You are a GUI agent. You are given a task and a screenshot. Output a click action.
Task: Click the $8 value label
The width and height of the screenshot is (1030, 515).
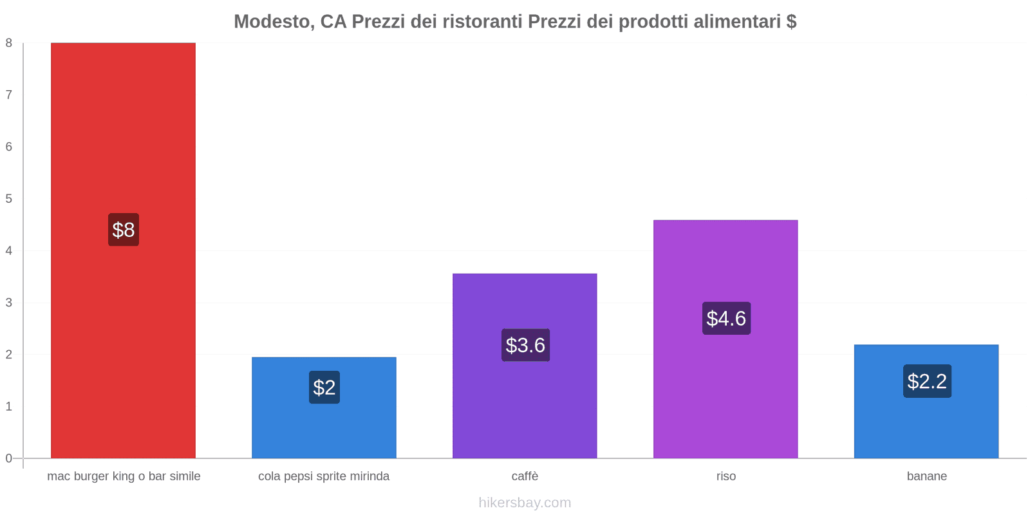[x=124, y=230]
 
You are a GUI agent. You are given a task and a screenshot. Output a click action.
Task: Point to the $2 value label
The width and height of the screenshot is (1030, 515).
[x=324, y=388]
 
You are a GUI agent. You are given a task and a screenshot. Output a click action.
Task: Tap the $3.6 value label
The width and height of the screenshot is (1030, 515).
[x=525, y=345]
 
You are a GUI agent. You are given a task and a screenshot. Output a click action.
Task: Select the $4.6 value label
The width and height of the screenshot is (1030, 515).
[x=726, y=318]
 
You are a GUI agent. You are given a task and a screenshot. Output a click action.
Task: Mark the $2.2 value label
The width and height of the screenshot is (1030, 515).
[x=927, y=381]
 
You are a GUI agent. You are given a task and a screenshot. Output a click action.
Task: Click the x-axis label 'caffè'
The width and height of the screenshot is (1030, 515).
[x=525, y=476]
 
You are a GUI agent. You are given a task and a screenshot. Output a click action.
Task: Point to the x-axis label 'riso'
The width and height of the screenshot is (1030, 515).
[x=726, y=476]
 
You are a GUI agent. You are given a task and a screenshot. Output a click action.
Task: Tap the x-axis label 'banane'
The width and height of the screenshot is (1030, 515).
[x=927, y=476]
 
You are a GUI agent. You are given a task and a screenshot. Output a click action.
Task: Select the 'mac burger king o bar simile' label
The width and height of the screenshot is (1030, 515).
[x=124, y=476]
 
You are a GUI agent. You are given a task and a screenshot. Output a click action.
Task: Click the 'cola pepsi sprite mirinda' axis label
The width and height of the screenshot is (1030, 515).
[x=324, y=476]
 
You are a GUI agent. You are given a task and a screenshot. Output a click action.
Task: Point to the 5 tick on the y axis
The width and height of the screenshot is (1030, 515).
[x=9, y=198]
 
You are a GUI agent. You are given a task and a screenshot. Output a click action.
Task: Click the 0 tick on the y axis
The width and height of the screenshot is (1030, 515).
[x=9, y=458]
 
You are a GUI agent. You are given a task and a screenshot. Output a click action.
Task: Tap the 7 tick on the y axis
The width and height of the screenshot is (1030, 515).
[x=9, y=95]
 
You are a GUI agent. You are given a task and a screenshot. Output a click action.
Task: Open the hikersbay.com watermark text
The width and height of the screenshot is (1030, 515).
[x=525, y=503]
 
